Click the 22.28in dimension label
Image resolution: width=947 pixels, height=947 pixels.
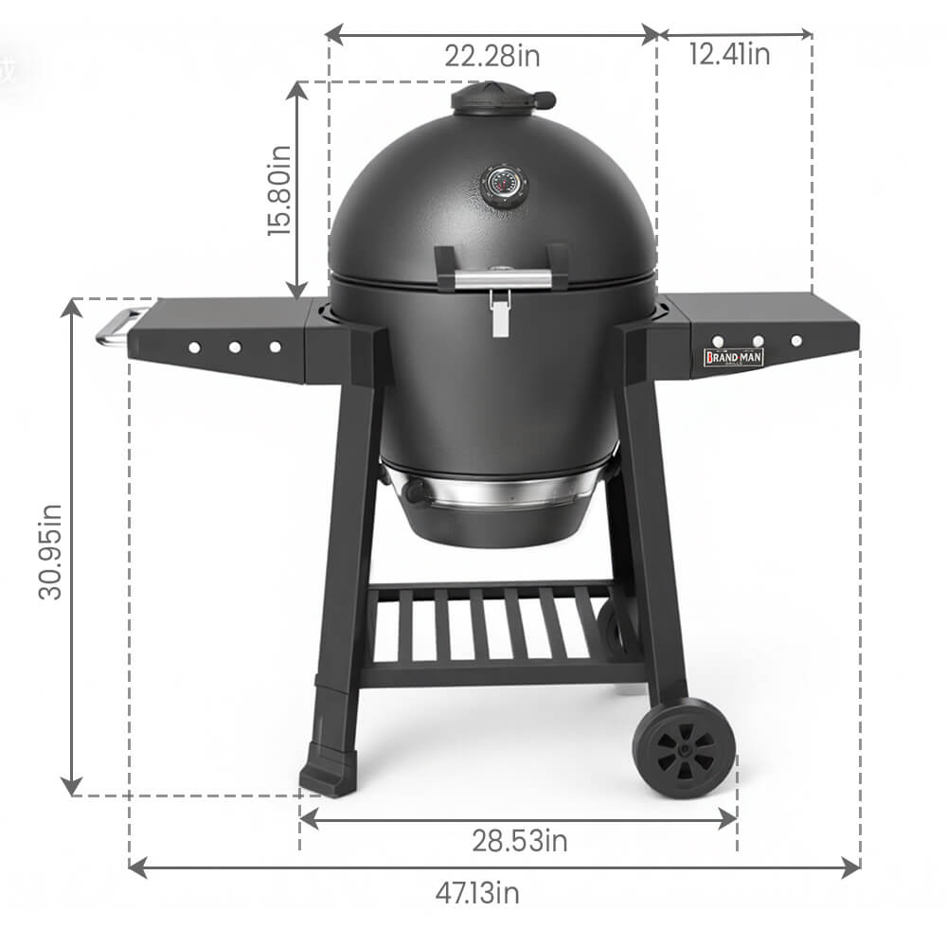pyautogui.click(x=492, y=56)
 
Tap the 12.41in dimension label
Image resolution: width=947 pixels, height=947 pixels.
pyautogui.click(x=729, y=54)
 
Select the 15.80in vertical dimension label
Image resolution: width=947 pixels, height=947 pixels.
pyautogui.click(x=279, y=190)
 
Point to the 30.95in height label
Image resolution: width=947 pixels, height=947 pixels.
pyautogui.click(x=49, y=551)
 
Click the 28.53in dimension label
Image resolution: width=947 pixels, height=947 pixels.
pyautogui.click(x=519, y=841)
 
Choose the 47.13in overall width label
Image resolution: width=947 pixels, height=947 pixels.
pyautogui.click(x=477, y=893)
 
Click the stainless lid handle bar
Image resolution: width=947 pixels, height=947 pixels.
pyautogui.click(x=503, y=279)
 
